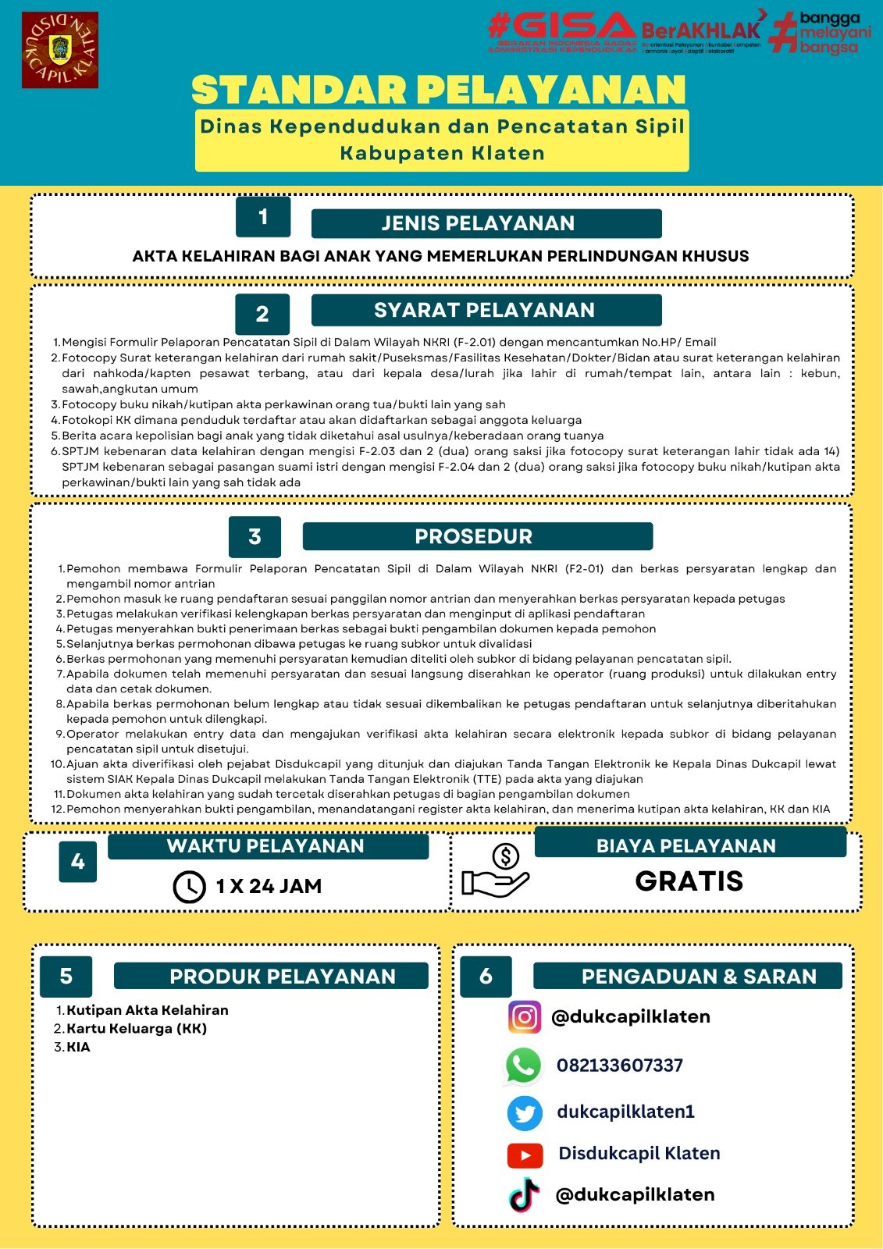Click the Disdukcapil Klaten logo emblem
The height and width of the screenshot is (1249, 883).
60,50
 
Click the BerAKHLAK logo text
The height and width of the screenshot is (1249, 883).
700,31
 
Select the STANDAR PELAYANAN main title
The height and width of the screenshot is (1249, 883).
439,90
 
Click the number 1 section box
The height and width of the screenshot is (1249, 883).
263,216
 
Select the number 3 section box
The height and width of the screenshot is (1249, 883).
255,536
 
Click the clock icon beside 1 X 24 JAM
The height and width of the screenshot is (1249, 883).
189,887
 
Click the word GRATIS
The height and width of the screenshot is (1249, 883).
689,881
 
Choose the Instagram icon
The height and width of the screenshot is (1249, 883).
525,1017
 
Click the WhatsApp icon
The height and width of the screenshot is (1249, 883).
523,1066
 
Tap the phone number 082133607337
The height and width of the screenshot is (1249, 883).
620,1066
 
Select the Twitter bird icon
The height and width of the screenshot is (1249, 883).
525,1112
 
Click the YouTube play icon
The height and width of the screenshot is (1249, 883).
525,1155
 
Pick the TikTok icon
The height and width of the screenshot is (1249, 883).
525,1195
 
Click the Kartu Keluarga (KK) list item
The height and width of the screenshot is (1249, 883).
136,1029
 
